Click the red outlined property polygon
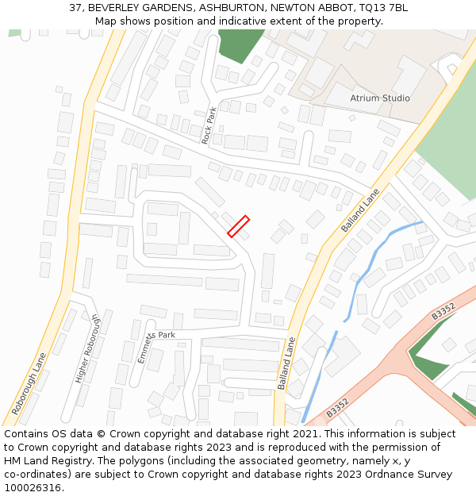coord(239,226)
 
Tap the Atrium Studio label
coord(380,98)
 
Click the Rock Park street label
coord(209,125)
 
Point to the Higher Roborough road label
coord(88,348)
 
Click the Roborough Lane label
coord(29,384)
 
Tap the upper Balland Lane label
coord(361,210)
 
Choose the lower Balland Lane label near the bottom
coord(286,363)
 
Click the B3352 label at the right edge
coord(443,310)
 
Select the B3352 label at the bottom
coord(337,407)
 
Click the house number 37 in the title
coord(75,7)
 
